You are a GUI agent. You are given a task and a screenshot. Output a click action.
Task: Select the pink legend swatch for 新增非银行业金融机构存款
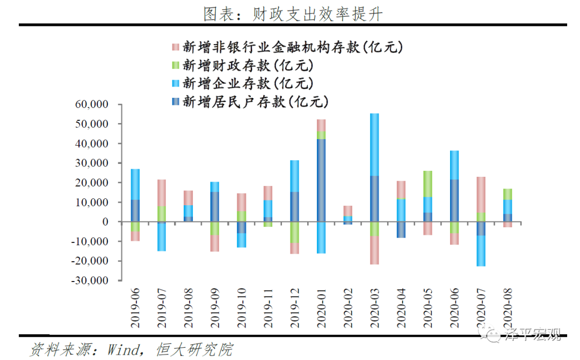tap(175, 47)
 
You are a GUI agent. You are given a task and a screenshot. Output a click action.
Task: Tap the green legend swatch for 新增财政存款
tap(175, 66)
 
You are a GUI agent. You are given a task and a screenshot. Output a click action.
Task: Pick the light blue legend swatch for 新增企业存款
tap(175, 83)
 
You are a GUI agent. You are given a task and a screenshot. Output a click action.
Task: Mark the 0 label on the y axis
tap(105, 222)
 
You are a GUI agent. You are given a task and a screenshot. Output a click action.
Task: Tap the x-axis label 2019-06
tap(135, 308)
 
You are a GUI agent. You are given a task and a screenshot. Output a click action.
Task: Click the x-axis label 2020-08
tap(508, 308)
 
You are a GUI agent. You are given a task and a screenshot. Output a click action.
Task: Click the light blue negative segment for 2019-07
tap(162, 237)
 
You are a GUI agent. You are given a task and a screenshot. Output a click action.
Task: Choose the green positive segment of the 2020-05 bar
tap(427, 184)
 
